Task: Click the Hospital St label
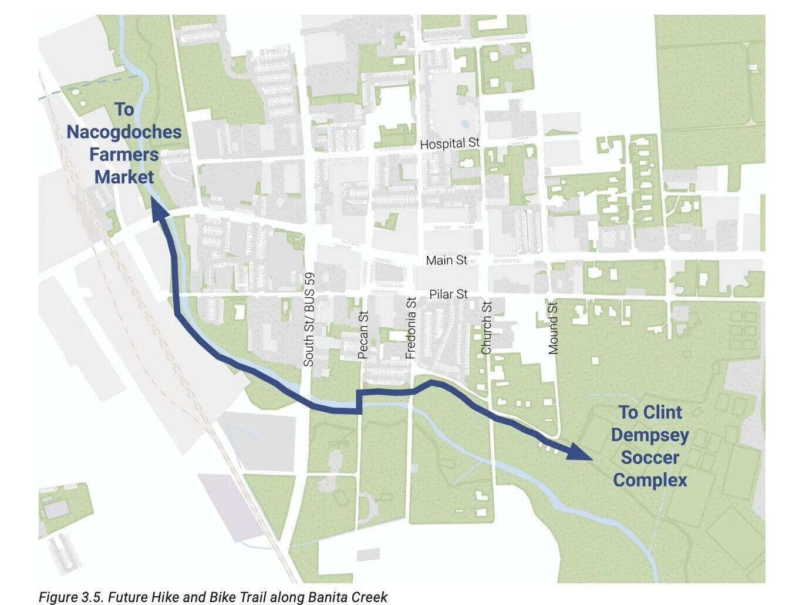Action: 450,143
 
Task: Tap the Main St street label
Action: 446,260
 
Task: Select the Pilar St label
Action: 448,294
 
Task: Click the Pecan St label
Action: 363,335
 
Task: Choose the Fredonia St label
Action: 411,328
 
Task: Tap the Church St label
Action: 487,328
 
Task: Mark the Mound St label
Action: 553,328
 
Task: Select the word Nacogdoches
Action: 124,132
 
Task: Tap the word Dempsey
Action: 650,435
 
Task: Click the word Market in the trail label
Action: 124,177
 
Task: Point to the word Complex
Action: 650,480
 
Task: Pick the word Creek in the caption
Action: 369,597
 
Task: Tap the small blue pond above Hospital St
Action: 465,125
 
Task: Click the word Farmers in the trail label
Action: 124,154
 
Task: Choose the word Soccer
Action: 650,458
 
